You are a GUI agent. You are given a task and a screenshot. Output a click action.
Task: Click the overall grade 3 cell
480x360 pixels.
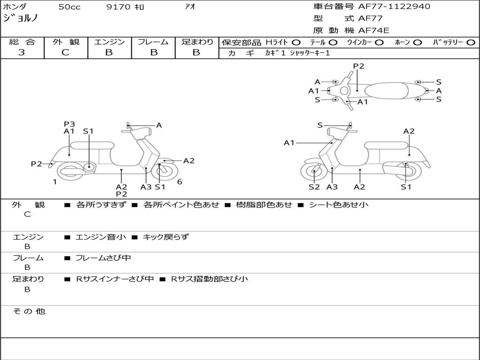pos(22,52)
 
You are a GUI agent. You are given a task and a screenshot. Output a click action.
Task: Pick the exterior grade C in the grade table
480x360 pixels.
pos(65,52)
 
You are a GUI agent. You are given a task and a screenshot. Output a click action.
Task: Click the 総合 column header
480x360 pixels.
pos(22,42)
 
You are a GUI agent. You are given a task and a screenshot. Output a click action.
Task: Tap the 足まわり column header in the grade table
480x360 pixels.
pos(197,42)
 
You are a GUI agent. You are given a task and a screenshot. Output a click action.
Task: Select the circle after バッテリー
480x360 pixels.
pos(471,42)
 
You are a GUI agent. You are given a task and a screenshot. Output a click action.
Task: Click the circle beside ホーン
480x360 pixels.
pos(418,42)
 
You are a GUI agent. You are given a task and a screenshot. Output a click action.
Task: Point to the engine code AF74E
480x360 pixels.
pos(374,31)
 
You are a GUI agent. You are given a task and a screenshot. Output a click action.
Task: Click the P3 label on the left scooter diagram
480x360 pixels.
pos(69,124)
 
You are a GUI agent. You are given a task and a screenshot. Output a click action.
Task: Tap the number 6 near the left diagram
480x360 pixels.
pos(180,182)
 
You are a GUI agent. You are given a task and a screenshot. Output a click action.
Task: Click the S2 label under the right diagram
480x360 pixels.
pos(314,187)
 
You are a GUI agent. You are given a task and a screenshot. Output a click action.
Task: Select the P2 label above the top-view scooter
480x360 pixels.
pos(359,66)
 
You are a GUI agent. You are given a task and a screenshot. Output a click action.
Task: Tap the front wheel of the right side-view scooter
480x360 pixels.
pos(314,172)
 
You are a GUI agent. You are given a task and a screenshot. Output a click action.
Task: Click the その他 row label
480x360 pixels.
pos(29,311)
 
